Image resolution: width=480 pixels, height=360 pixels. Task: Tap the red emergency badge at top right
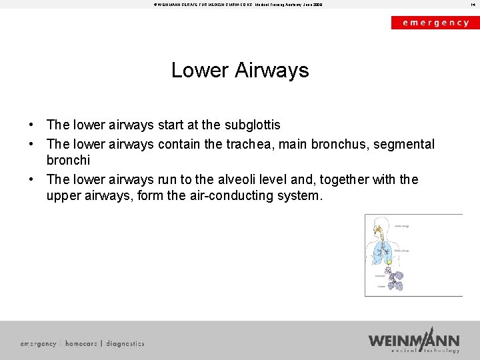(435, 22)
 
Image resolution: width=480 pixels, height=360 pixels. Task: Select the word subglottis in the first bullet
(251, 125)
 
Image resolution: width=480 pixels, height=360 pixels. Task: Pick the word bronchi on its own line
(68, 161)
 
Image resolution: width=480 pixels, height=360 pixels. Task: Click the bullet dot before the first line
(31, 125)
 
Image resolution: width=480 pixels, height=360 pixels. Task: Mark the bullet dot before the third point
(31, 180)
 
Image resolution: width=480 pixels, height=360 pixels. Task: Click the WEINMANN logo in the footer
(414, 341)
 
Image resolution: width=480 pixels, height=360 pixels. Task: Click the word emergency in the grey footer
(38, 343)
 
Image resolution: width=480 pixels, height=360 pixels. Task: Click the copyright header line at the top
(238, 4)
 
